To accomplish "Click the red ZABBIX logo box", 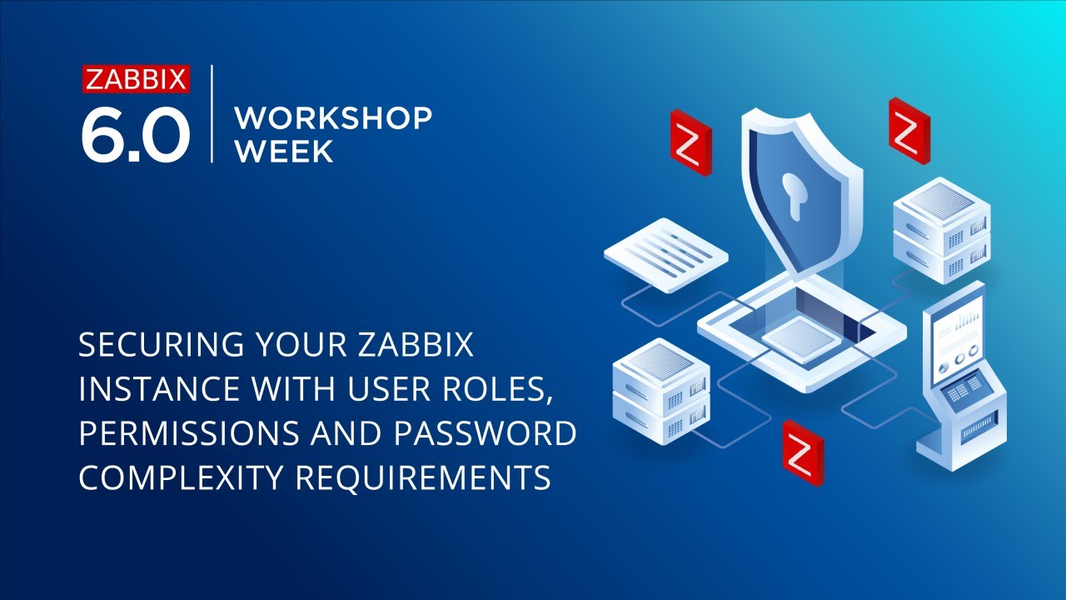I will tap(137, 79).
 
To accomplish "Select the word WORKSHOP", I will tap(333, 118).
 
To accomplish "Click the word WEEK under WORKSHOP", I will tap(284, 151).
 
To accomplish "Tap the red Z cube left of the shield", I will tap(690, 142).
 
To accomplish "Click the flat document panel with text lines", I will tap(665, 253).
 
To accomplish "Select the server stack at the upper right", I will tap(941, 229).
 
